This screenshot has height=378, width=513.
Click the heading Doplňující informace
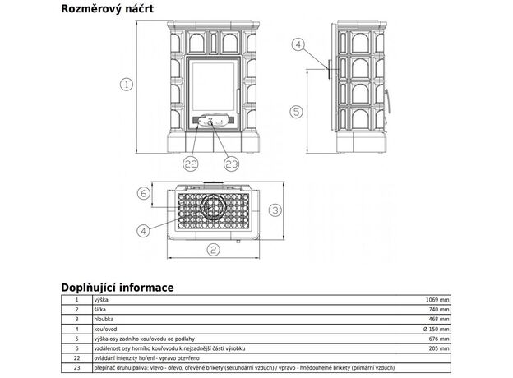pyautogui.click(x=117, y=288)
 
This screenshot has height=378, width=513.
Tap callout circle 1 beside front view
pyautogui.click(x=126, y=83)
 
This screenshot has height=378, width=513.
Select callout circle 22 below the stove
pyautogui.click(x=192, y=164)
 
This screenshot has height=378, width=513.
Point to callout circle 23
pyautogui.click(x=231, y=164)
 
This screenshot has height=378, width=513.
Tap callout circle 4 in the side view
pyautogui.click(x=298, y=44)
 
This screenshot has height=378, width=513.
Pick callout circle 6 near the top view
pyautogui.click(x=143, y=194)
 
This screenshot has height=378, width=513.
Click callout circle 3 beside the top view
pyautogui.click(x=276, y=210)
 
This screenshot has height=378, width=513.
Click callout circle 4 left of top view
pyautogui.click(x=145, y=231)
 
